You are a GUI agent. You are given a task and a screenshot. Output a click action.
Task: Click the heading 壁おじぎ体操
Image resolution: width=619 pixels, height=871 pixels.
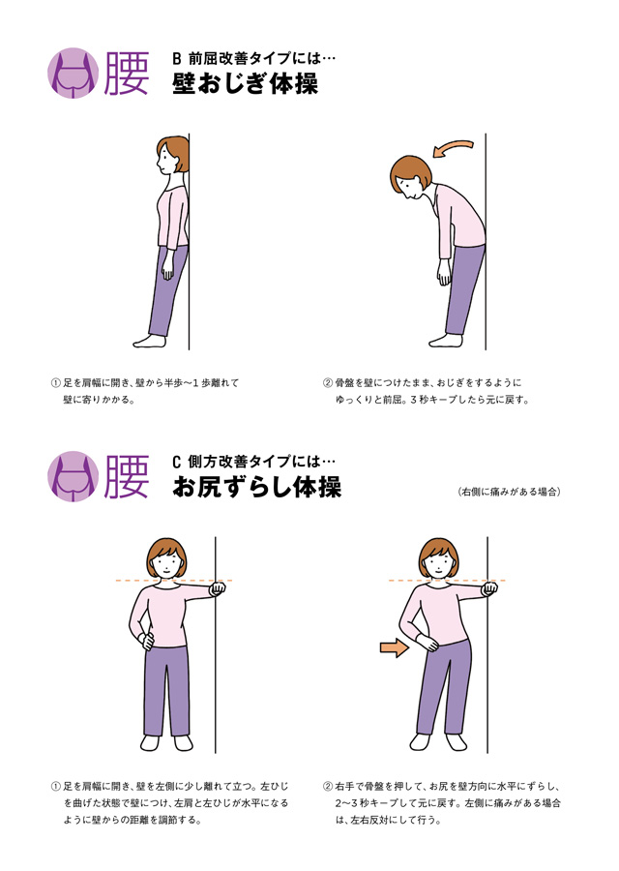(x=245, y=84)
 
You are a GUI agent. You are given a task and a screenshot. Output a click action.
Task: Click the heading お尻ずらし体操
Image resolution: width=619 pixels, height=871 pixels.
(x=256, y=487)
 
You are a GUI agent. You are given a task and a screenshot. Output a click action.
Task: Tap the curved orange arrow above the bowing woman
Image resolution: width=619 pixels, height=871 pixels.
(x=453, y=147)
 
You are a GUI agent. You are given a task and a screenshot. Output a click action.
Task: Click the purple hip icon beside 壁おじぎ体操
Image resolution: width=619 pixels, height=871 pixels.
(x=74, y=74)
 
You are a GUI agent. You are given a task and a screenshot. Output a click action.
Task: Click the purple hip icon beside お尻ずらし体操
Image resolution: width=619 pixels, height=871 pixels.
(x=74, y=476)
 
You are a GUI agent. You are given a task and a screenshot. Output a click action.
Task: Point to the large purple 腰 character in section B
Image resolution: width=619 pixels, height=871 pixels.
(x=127, y=74)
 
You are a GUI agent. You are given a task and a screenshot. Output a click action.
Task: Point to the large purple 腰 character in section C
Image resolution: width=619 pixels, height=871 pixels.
(x=127, y=476)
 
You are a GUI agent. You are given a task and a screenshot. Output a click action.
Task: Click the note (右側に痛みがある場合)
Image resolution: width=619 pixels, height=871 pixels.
(x=509, y=492)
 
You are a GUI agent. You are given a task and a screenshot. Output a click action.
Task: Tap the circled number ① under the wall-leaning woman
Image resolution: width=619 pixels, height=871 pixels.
(x=55, y=382)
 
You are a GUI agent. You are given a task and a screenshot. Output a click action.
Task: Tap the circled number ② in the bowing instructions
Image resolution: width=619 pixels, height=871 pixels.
(x=328, y=382)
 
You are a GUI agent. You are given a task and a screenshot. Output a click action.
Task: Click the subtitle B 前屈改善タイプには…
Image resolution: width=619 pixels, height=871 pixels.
(x=254, y=58)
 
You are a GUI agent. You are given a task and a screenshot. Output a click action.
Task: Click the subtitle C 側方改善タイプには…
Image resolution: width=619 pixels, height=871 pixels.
(x=254, y=462)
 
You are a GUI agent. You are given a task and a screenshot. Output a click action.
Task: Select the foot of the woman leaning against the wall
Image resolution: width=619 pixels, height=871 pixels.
(x=149, y=341)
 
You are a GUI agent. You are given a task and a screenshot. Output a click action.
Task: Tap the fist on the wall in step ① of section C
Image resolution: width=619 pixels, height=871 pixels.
(x=218, y=588)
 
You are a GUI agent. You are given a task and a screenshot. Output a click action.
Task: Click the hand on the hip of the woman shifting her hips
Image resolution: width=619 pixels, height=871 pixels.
(x=427, y=644)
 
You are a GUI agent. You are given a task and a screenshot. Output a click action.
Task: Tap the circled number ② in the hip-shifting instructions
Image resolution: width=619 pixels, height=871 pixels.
(x=328, y=787)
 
